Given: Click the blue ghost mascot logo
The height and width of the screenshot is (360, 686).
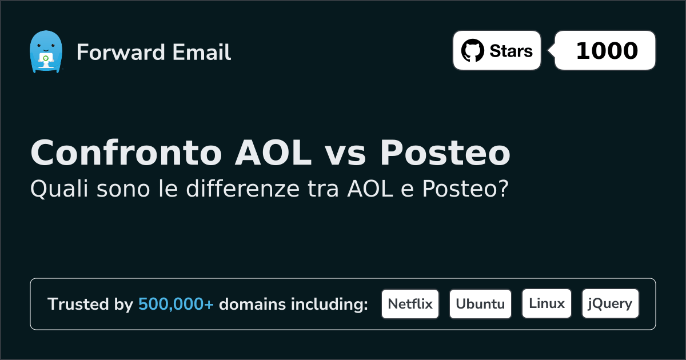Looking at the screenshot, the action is click(46, 51).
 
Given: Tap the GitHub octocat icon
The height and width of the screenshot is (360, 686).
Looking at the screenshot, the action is click(473, 50).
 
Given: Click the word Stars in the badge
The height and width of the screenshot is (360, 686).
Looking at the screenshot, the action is click(511, 51).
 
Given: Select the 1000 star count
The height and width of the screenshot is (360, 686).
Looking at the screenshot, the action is click(607, 50).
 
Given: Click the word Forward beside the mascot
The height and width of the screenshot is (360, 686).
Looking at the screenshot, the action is click(121, 52).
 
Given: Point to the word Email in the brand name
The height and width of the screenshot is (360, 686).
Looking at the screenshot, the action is click(201, 52).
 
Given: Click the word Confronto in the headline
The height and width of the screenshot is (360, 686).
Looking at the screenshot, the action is click(126, 153).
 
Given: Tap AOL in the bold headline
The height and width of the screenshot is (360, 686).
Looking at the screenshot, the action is click(273, 153).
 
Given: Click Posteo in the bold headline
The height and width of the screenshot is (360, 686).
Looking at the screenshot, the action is click(445, 153).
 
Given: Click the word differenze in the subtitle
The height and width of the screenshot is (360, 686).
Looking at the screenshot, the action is click(242, 189).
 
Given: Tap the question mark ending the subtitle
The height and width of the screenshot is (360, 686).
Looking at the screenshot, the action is click(504, 189).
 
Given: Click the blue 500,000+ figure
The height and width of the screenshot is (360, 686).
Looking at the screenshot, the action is click(176, 304).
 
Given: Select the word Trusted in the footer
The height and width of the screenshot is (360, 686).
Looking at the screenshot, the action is click(78, 304).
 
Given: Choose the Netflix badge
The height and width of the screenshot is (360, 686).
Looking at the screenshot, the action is click(410, 304).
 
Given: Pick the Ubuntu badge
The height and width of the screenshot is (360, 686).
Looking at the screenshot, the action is click(480, 304).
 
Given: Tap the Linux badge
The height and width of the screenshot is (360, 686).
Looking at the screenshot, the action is click(547, 303).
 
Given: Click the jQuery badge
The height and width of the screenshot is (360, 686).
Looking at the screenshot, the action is click(611, 303).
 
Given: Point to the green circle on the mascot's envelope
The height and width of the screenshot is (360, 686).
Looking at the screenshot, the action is click(46, 58).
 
